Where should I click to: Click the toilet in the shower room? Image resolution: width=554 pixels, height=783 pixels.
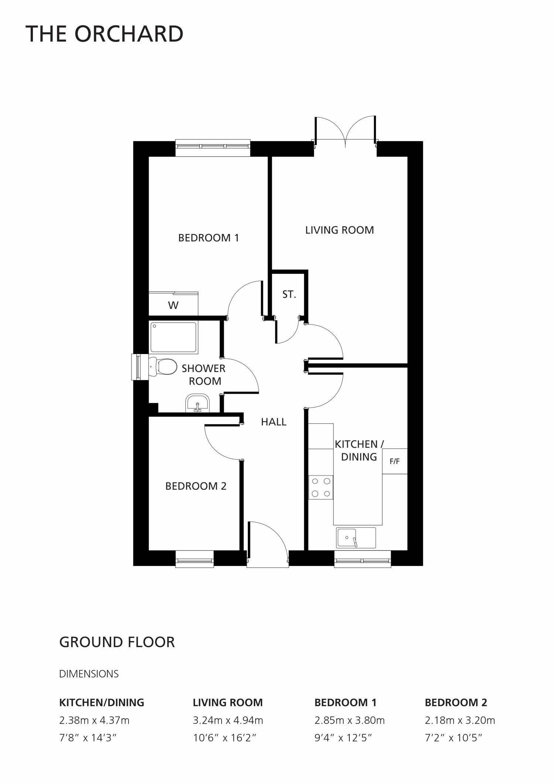coord(163,366)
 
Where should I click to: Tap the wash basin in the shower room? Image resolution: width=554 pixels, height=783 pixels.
coord(197,403)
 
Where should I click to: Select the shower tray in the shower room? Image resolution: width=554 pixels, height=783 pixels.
coord(173,337)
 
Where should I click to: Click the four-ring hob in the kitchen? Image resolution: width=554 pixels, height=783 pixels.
coord(321,487)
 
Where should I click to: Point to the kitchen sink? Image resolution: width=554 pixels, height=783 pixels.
coord(356,538)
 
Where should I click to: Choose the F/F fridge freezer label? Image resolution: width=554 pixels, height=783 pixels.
coord(395,461)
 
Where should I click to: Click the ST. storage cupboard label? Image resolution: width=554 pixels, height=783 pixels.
coord(289,295)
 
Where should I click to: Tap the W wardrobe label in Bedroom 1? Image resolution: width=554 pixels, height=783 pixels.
coord(173,305)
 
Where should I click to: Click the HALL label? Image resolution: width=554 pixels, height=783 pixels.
coord(274,422)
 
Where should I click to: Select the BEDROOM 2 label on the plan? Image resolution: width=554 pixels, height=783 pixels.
coord(196,486)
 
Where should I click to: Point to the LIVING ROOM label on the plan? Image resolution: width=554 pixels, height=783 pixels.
coord(339,230)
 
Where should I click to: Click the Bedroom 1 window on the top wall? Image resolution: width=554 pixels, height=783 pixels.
coord(213,148)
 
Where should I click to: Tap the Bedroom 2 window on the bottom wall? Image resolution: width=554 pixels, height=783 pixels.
coord(195,559)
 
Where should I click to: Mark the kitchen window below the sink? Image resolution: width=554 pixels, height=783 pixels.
coord(363,559)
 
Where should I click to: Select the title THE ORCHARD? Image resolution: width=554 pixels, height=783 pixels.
coord(105,34)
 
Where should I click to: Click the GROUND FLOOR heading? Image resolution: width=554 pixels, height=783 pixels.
coord(117,642)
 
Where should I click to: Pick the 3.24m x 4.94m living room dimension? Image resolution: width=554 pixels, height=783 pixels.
coord(228,720)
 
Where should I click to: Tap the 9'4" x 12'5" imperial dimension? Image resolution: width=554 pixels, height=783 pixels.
coord(343,738)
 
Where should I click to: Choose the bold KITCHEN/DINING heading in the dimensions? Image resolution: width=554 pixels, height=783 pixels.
coord(102,703)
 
